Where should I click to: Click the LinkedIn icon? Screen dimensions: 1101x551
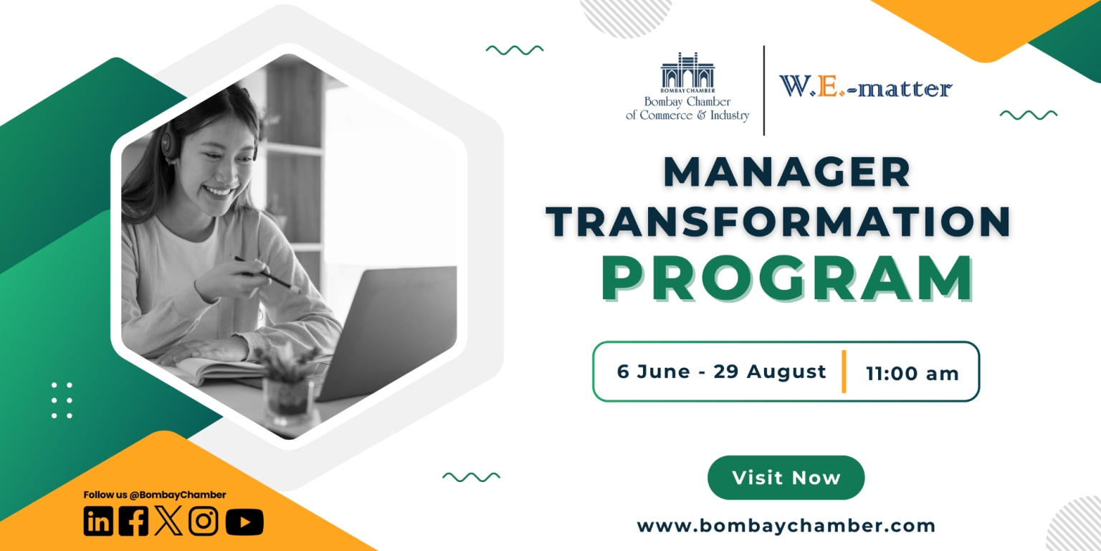[98, 522]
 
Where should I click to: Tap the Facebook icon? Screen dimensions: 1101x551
[134, 522]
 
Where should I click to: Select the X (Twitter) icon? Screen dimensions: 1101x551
[168, 521]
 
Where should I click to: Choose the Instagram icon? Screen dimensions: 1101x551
[204, 521]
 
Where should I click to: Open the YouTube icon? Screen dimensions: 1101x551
[244, 522]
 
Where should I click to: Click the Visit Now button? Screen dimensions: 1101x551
[786, 478]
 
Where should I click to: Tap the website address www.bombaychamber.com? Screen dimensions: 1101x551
[786, 526]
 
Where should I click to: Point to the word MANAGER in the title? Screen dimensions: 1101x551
[786, 172]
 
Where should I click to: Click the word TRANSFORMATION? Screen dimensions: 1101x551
[778, 222]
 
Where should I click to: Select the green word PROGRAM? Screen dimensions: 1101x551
[786, 278]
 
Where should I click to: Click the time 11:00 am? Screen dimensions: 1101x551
[912, 374]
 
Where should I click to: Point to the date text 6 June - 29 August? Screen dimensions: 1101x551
[721, 372]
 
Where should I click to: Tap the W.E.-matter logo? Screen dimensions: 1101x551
[866, 87]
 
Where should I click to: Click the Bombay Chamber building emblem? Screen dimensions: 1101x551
[687, 72]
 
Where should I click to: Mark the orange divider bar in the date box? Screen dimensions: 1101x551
[844, 372]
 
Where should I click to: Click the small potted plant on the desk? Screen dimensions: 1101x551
[287, 385]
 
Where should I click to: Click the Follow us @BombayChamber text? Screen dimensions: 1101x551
[154, 495]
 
